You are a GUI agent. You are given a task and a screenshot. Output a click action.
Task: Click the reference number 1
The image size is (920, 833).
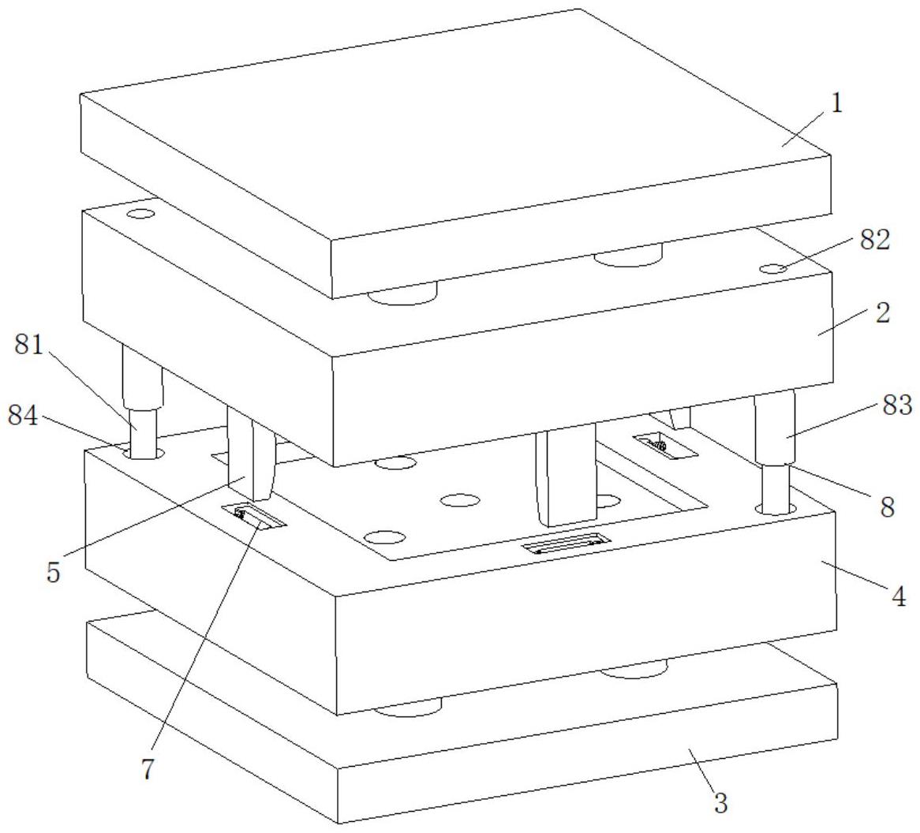[x=836, y=103]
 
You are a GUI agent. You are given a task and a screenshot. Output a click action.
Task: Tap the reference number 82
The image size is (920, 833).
[x=875, y=240]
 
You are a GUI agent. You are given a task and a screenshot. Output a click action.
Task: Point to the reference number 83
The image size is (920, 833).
[x=897, y=405]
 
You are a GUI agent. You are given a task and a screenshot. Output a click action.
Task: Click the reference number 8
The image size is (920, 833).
[x=887, y=506]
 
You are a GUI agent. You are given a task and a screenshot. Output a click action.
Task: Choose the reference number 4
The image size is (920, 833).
[x=898, y=596]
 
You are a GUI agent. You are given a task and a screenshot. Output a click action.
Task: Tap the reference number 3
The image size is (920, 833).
[x=720, y=802]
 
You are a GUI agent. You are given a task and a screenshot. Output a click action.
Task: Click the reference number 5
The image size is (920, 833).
[x=54, y=571]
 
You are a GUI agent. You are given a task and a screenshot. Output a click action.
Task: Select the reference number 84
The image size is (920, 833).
[x=23, y=416]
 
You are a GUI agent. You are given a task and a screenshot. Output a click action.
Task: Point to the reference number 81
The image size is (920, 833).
[x=29, y=345]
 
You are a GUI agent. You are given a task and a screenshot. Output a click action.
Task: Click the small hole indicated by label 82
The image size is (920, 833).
[x=774, y=269]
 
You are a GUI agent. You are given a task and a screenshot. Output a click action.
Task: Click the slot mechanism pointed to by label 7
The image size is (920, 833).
[x=253, y=517]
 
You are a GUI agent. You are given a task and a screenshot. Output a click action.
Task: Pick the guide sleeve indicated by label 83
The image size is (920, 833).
[x=775, y=428]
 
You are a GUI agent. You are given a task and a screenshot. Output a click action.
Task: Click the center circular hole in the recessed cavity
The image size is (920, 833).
[x=460, y=501]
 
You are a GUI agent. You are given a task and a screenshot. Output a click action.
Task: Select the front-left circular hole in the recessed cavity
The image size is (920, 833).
[x=384, y=536]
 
